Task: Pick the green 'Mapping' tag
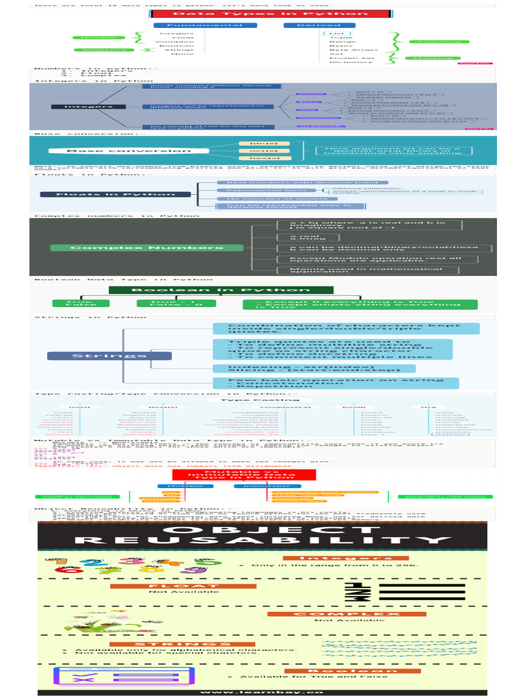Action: [433, 58]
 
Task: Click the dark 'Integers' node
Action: [89, 107]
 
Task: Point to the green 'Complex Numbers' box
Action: [147, 247]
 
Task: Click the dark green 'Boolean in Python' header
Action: [200, 291]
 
